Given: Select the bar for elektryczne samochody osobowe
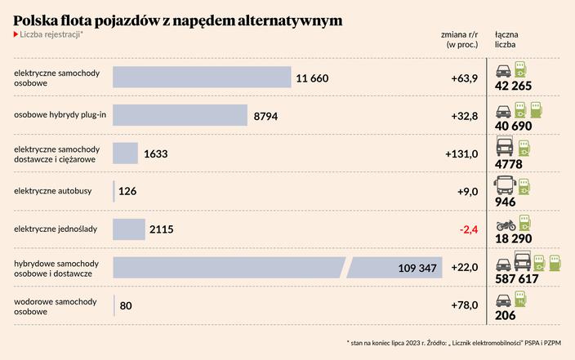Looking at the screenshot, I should click(202, 78).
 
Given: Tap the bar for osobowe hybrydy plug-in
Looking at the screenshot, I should click(180, 116).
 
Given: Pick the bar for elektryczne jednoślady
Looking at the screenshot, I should click(128, 229).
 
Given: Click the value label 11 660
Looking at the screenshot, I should click(312, 78).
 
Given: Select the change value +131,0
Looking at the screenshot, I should click(461, 153).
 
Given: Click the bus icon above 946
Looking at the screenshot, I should click(504, 185).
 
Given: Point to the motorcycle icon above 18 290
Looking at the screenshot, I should click(505, 224).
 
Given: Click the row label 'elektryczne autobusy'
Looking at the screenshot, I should click(53, 191).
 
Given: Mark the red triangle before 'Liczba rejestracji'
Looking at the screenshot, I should click(16, 34).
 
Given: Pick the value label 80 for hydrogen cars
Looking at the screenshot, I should click(126, 306).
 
